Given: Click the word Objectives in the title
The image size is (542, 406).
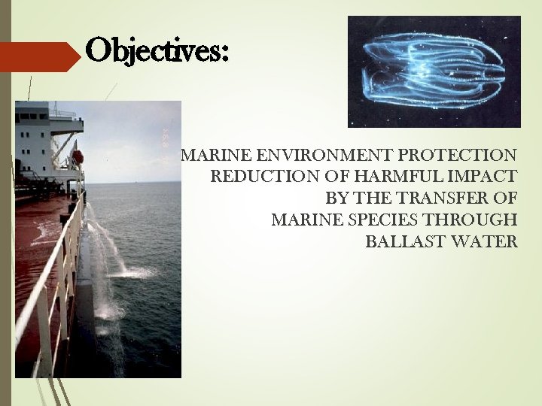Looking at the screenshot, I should point(154,50).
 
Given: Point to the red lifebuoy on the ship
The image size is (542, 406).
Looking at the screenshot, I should point(78,157).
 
